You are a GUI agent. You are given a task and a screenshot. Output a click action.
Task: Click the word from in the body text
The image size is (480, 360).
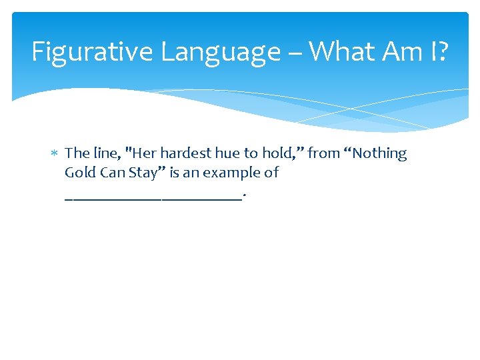324,153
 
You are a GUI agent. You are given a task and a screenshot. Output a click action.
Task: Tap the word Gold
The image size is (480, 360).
79,173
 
